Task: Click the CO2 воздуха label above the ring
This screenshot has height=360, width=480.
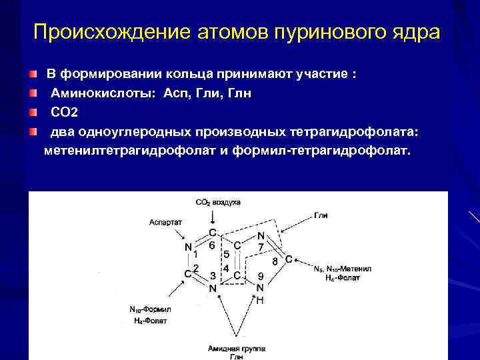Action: pos(218,201)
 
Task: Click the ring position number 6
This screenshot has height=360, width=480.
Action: pos(211,245)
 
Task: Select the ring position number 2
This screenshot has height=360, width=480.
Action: pos(197,267)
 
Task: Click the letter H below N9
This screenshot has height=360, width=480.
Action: pos(260,301)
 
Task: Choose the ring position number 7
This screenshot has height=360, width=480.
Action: pos(261,247)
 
